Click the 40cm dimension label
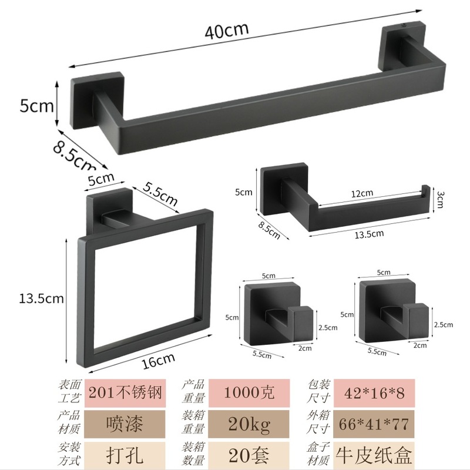[x=227, y=30]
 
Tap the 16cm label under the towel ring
[x=158, y=361]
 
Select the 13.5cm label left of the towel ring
[x=41, y=298]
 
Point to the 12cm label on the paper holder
[x=362, y=194]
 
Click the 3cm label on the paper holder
[x=439, y=199]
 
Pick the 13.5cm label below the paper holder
[x=370, y=234]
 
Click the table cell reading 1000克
[x=249, y=392]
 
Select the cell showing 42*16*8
[x=374, y=392]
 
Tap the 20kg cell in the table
[x=249, y=424]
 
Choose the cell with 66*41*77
[x=374, y=424]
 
